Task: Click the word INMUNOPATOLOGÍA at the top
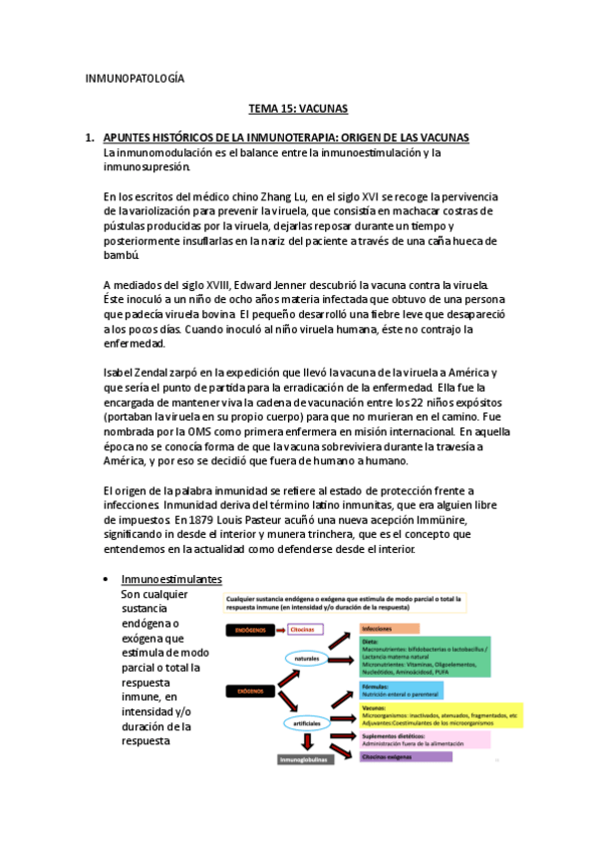tap(135, 78)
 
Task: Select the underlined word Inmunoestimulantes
tap(171, 580)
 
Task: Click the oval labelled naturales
tap(308, 659)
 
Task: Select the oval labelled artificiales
tap(312, 722)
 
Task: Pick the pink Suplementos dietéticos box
tap(424, 738)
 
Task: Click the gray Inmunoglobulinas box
tap(309, 759)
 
